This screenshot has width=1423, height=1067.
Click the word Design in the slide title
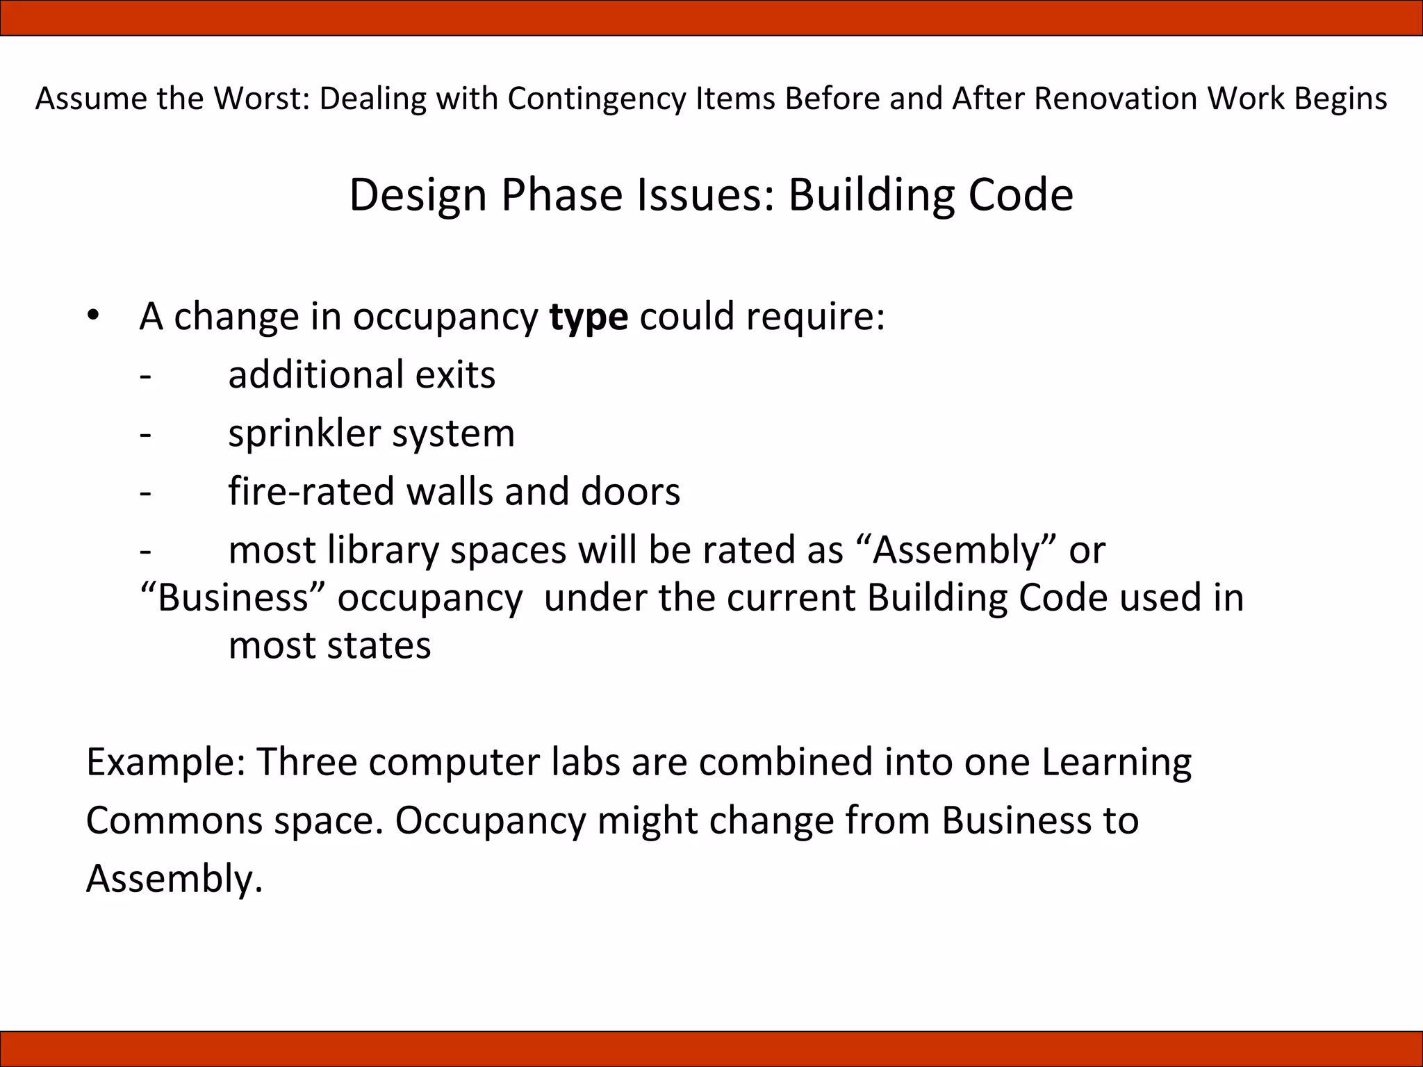(x=418, y=195)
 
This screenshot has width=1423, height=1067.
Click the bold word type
(x=589, y=317)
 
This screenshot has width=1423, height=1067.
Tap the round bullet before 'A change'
(x=94, y=316)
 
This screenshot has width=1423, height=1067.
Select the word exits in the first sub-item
(x=455, y=375)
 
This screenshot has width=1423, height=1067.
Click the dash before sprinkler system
(x=145, y=434)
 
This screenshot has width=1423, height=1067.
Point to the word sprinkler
(x=304, y=434)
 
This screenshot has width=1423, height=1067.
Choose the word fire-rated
(x=312, y=492)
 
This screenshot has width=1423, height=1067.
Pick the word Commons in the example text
(x=174, y=820)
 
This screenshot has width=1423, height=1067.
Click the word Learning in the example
(x=1117, y=763)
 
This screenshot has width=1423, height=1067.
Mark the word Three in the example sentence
(x=306, y=762)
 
